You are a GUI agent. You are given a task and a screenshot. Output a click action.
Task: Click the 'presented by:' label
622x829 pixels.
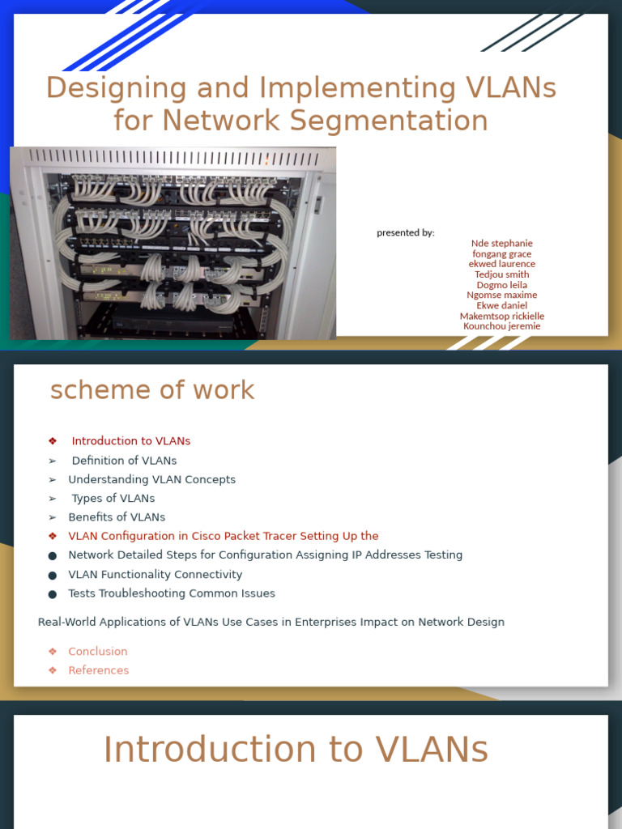coord(405,233)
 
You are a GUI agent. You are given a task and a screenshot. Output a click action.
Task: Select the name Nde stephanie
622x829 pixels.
coord(502,244)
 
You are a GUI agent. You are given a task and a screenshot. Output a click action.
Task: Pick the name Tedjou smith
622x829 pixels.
coord(502,274)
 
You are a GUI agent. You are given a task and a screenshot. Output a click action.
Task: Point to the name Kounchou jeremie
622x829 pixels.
coord(502,326)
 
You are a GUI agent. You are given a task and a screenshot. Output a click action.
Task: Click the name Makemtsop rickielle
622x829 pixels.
coord(502,316)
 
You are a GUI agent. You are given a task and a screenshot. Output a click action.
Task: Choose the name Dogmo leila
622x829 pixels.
coord(502,285)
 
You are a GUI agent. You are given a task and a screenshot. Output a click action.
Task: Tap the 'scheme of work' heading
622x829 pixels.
coord(152,390)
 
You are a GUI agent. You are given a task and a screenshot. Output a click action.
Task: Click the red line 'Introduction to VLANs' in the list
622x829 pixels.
coord(131,441)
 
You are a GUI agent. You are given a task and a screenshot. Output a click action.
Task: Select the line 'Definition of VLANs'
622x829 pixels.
coord(124,461)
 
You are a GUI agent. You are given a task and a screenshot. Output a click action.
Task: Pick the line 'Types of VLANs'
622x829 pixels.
coord(113,499)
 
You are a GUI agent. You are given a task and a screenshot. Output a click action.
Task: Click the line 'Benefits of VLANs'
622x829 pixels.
coord(117,517)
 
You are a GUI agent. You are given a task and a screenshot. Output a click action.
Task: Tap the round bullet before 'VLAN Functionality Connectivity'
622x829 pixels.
coord(53,576)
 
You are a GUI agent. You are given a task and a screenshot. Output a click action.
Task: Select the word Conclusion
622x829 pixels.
coord(98,652)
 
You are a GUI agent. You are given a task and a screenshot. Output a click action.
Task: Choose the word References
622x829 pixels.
coord(99,670)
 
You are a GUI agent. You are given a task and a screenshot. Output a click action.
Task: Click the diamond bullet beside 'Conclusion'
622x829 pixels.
coord(53,652)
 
